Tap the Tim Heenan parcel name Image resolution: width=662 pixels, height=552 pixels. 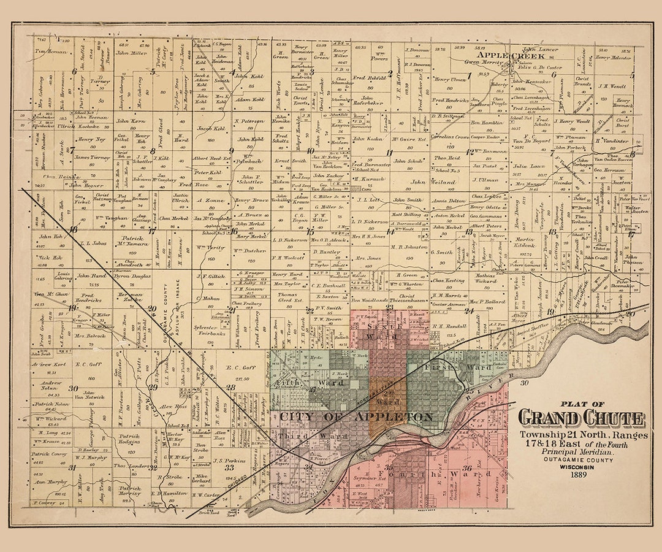point(51,52)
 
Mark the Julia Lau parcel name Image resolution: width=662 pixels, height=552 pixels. point(528,166)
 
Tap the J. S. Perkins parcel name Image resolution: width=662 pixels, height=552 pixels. point(226,459)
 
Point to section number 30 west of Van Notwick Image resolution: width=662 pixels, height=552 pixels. point(73,388)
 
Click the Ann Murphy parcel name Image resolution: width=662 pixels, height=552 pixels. point(51,481)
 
